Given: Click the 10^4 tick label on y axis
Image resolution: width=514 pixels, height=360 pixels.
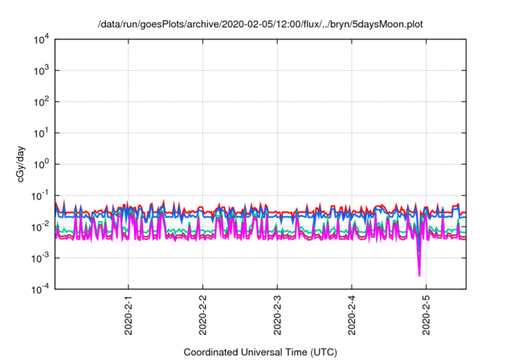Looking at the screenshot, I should point(40,39).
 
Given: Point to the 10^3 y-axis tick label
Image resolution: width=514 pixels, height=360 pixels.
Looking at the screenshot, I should point(40,71).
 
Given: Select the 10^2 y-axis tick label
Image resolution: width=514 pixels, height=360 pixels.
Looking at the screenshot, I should point(40,102).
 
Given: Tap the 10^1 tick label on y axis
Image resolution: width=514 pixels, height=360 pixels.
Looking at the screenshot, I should point(40,133).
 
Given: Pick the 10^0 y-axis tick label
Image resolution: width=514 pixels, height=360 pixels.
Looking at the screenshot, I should point(40,164).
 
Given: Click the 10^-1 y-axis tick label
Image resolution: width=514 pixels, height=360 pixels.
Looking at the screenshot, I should point(39,195).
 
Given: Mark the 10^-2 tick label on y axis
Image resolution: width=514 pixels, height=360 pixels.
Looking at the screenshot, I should point(39,227).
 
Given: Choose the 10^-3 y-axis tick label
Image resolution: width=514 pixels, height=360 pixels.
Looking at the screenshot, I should point(39,258).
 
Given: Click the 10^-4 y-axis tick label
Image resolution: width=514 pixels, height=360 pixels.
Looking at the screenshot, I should point(39,288).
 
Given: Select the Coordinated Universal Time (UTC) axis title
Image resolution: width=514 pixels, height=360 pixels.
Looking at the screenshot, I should point(259,352).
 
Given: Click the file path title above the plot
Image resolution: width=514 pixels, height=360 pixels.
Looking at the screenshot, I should point(259,24).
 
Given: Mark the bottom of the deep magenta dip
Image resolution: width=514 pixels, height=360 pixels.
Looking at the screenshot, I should point(419,276).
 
